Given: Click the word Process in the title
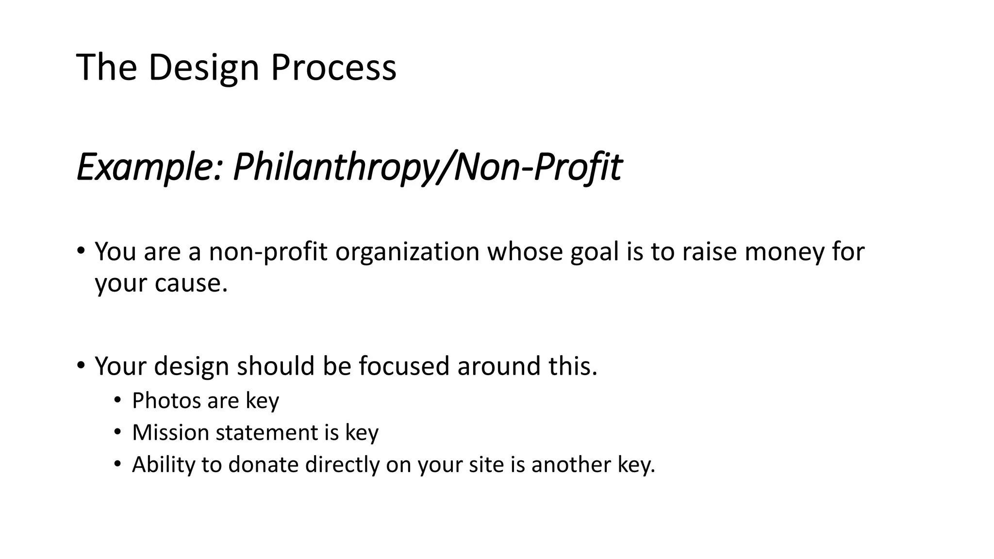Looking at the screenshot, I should tap(333, 67).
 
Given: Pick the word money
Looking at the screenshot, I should tap(784, 252).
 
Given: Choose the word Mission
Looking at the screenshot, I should tap(170, 432).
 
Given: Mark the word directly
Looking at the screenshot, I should tap(342, 464).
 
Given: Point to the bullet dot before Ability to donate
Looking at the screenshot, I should tap(117, 464).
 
